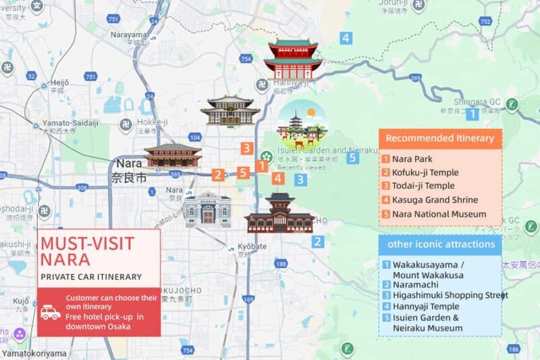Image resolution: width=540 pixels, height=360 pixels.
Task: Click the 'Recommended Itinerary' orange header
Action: (439, 139)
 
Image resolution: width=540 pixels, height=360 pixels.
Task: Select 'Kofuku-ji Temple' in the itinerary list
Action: (425, 172)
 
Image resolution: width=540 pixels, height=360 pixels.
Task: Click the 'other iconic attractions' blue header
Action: (440, 244)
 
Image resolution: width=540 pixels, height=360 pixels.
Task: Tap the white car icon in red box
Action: (51, 312)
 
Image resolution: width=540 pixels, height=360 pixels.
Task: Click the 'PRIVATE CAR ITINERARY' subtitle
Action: (90, 276)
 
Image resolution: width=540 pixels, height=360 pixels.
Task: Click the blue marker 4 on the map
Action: (346, 38)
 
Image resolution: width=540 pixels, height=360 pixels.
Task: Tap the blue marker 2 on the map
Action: (317, 242)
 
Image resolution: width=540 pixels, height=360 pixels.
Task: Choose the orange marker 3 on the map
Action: (248, 148)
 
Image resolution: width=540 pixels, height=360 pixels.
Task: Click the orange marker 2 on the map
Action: (217, 175)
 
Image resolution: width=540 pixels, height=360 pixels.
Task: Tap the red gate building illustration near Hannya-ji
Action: (293, 59)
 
